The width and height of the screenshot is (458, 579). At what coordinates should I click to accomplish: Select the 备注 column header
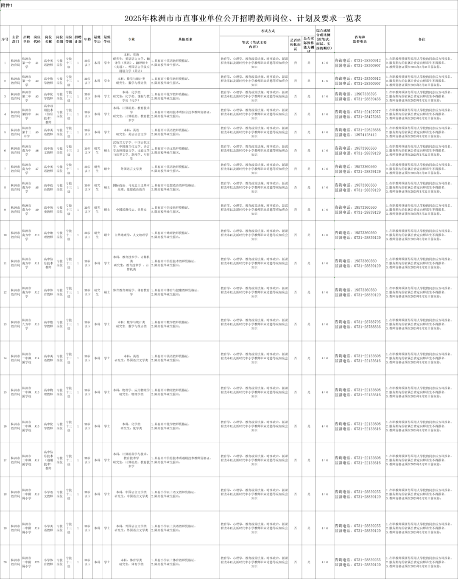coord(421,39)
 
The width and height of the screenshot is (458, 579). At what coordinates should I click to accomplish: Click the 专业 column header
coord(131,39)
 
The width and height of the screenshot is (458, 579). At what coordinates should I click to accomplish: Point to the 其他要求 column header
coord(185,39)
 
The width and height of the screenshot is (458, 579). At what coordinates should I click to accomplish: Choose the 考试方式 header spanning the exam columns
coord(268,31)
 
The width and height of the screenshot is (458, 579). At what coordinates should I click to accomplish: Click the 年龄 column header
coord(87,39)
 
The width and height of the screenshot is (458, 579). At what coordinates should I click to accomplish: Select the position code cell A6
coord(37,151)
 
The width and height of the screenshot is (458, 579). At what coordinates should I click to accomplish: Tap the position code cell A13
coord(37,324)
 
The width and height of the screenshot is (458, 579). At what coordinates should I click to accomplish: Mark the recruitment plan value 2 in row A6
coord(78,151)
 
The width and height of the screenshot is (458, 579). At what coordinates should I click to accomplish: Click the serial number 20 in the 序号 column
coord(5,562)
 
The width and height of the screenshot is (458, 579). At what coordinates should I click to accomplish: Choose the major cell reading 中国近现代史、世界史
coord(131,210)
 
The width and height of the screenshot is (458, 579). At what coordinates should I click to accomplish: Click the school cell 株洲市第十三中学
coord(26,132)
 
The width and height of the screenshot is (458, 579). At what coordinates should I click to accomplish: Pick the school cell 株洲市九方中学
coord(26,324)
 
